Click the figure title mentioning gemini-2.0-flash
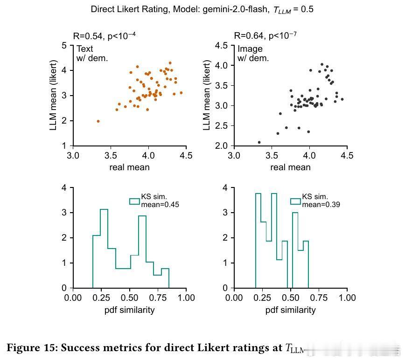(202, 9)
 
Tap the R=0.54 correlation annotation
(104, 36)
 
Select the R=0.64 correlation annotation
(265, 36)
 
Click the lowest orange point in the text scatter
(98, 121)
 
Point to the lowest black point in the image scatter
(259, 142)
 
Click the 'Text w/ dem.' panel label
(92, 54)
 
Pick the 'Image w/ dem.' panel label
(253, 54)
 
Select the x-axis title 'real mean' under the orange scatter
(129, 167)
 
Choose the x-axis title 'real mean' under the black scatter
(290, 167)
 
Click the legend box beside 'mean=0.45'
(134, 201)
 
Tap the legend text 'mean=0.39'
(317, 204)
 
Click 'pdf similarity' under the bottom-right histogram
(290, 310)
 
